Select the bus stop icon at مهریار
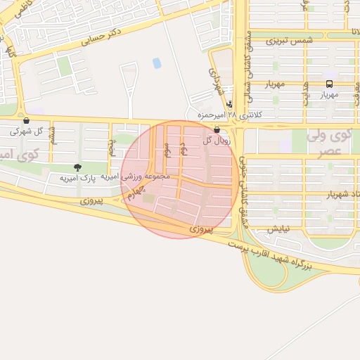tap(330, 83)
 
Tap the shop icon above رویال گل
tap(216, 130)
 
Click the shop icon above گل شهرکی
tap(26, 121)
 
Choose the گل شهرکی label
tap(29, 131)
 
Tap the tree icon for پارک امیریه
tap(77, 167)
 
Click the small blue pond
tap(156, 63)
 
